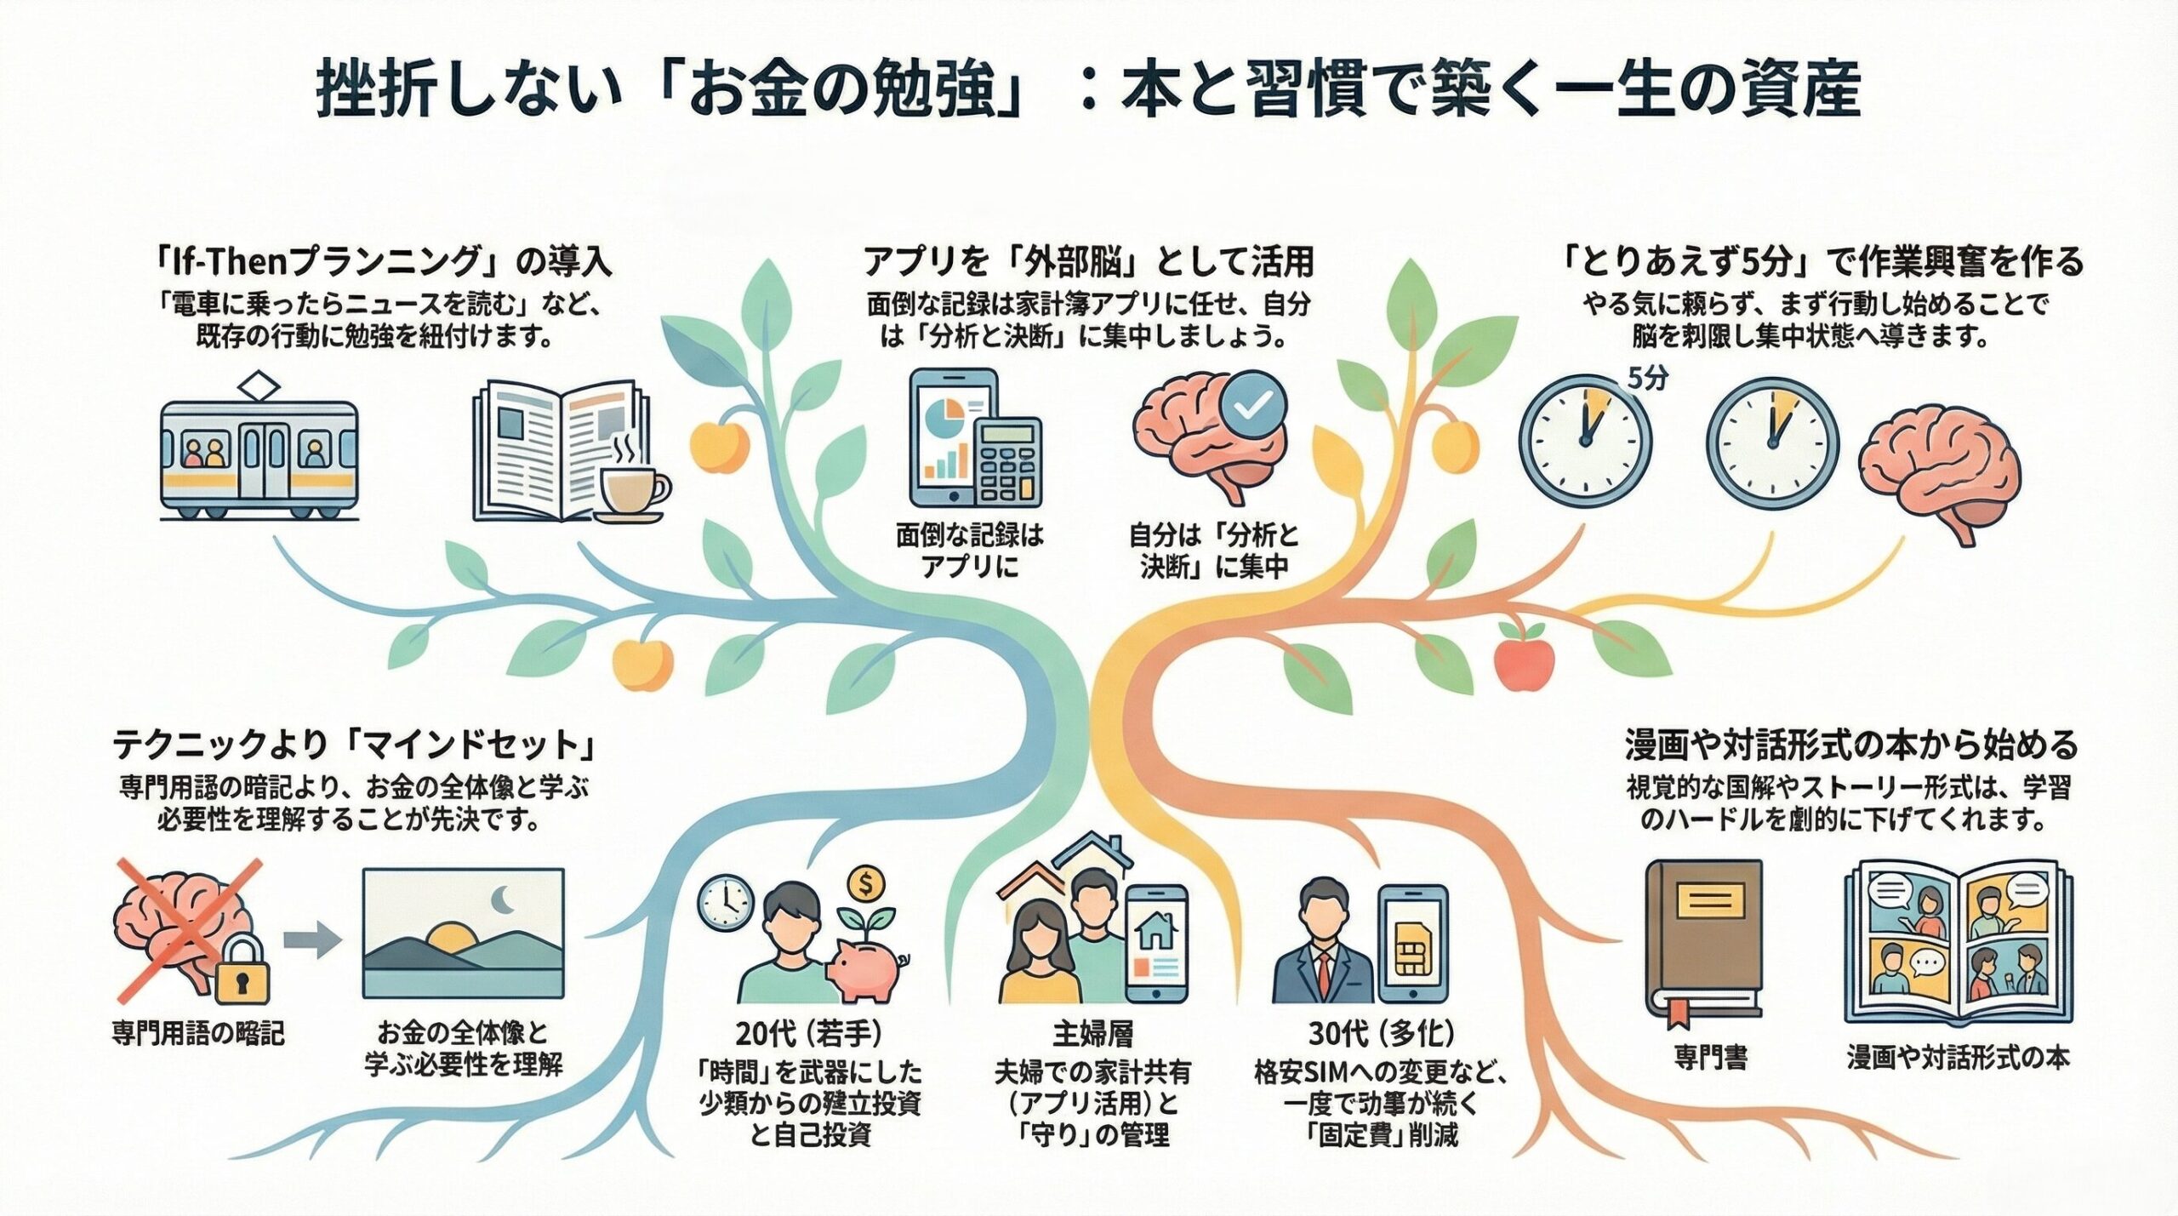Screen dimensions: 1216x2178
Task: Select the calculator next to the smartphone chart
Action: (x=1008, y=463)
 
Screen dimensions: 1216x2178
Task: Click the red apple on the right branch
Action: (x=1524, y=664)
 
